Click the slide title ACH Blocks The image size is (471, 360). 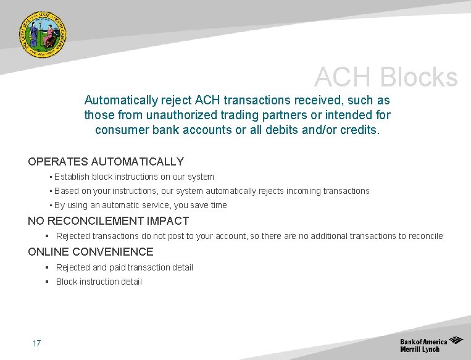coord(386,78)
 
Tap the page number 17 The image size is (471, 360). coord(36,343)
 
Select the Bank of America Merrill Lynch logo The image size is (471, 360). coord(431,345)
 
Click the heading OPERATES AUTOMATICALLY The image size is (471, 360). coord(106,162)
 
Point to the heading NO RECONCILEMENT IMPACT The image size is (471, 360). coord(108,221)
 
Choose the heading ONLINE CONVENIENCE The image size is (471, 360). coord(90,252)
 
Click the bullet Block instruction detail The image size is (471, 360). coord(99,282)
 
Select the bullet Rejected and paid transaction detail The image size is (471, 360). coord(124,267)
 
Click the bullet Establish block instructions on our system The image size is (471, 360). coord(134,177)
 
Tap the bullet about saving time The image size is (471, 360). coord(140,205)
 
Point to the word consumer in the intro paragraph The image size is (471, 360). coord(120,130)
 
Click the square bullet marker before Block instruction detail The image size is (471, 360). coord(47,282)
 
